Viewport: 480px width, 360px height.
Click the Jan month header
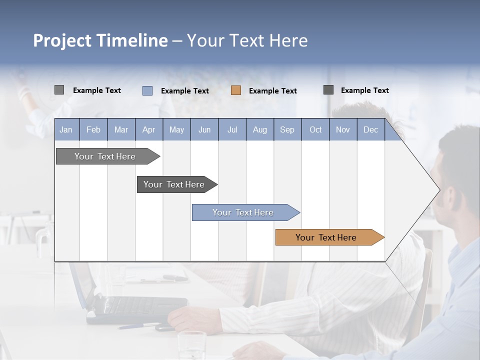coord(66,130)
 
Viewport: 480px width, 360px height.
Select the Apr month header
coord(149,130)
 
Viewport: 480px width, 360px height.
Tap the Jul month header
coord(232,130)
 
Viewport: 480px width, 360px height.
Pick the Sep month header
coord(287,130)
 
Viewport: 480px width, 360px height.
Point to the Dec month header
coord(370,130)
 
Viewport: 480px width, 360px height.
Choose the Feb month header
coord(93,130)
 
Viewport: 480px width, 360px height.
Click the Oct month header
coord(315,130)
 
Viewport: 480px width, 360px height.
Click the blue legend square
coord(147,90)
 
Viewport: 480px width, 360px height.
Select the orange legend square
coord(236,90)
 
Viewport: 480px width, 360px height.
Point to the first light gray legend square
coord(59,90)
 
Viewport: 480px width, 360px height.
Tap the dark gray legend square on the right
coord(328,90)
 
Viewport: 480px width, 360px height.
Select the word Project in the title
coord(61,40)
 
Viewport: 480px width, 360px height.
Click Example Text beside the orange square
coord(273,91)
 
